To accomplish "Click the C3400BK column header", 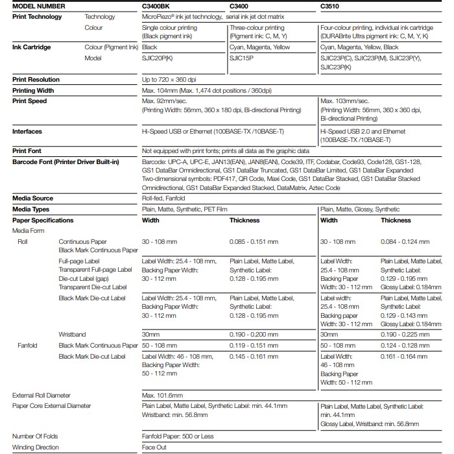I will (156, 6).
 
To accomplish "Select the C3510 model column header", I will (331, 6).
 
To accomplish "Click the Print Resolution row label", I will (36, 79).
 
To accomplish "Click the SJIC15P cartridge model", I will (241, 58).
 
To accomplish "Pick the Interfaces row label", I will (27, 132).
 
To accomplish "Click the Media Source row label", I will (32, 198).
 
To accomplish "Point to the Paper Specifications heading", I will (43, 221).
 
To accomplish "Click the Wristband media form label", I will (72, 334).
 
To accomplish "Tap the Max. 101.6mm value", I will (162, 395).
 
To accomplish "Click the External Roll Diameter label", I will (42, 395).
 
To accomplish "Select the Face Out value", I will (154, 448).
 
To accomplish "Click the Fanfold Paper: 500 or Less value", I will (178, 436).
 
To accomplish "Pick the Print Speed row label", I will (30, 101).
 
